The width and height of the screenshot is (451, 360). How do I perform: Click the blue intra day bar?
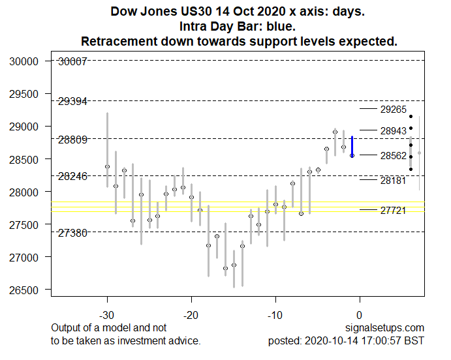(x=352, y=146)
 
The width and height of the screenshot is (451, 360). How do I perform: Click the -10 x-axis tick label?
(x=275, y=314)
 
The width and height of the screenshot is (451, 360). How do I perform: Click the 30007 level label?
(x=72, y=62)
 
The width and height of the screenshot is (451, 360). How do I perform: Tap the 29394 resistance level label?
(x=72, y=101)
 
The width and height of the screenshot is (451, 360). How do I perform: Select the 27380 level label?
(x=72, y=233)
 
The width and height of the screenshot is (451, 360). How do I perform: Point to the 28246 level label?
(x=72, y=176)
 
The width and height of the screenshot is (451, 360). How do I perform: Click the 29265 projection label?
(x=394, y=110)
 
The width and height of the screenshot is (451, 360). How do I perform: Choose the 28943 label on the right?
(x=394, y=131)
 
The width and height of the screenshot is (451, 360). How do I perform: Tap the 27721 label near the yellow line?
(x=394, y=210)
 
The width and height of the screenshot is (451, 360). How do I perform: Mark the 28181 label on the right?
(x=394, y=180)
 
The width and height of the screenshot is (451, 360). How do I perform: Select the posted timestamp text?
(x=346, y=340)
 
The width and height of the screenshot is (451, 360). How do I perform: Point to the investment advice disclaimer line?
(x=125, y=340)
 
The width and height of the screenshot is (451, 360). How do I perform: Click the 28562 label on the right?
(x=394, y=156)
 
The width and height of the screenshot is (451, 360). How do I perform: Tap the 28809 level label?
(x=72, y=140)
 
